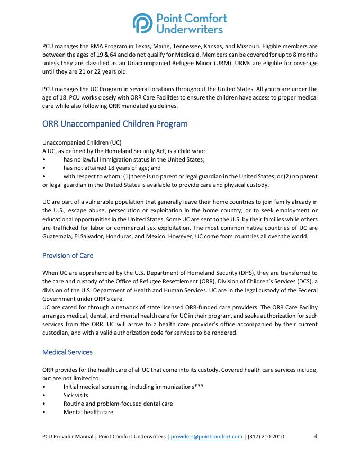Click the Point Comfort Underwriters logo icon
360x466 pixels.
click(141, 24)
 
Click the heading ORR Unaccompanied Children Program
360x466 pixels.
click(115, 124)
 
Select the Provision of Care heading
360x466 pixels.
click(68, 255)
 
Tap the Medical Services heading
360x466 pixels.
click(67, 352)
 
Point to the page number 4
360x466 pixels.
click(316, 437)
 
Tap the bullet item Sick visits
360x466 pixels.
click(76, 395)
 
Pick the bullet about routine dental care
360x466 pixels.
click(118, 404)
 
